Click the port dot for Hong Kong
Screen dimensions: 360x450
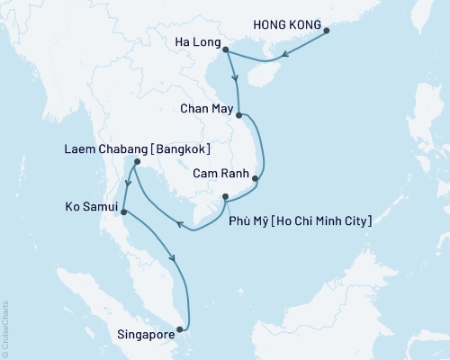pyautogui.click(x=327, y=31)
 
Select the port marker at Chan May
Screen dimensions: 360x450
pyautogui.click(x=238, y=115)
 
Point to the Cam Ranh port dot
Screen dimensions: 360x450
pyautogui.click(x=255, y=178)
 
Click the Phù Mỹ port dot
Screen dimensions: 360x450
pyautogui.click(x=225, y=197)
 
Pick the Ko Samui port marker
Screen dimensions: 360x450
pyautogui.click(x=122, y=212)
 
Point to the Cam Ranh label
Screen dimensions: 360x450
pyautogui.click(x=217, y=168)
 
